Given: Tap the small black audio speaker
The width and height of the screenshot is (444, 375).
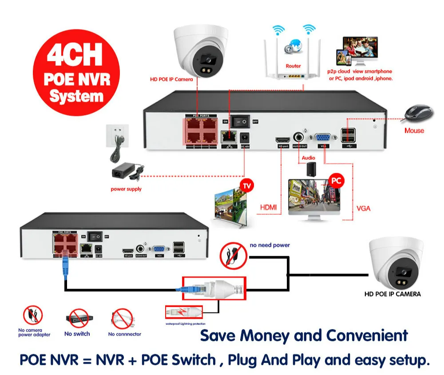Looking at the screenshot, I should coord(311,168).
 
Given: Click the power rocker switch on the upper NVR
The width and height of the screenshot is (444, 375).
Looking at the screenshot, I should coord(242,121).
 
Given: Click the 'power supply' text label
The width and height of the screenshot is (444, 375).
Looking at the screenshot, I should coord(126,189).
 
